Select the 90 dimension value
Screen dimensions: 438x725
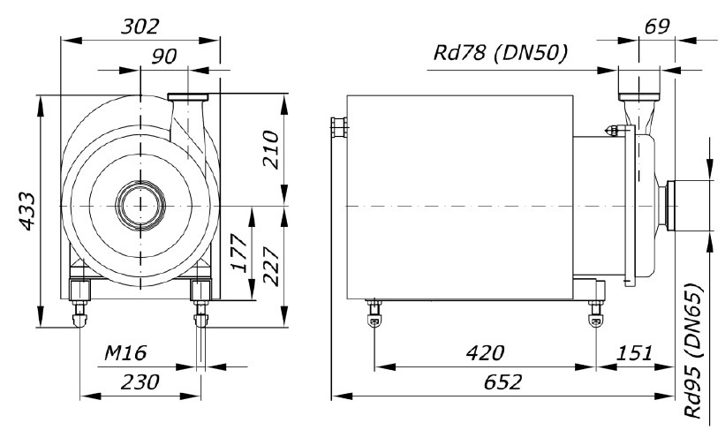164,57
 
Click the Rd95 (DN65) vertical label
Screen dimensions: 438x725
698,351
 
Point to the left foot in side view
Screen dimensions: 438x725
374,312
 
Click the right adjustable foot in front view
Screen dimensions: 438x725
200,301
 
